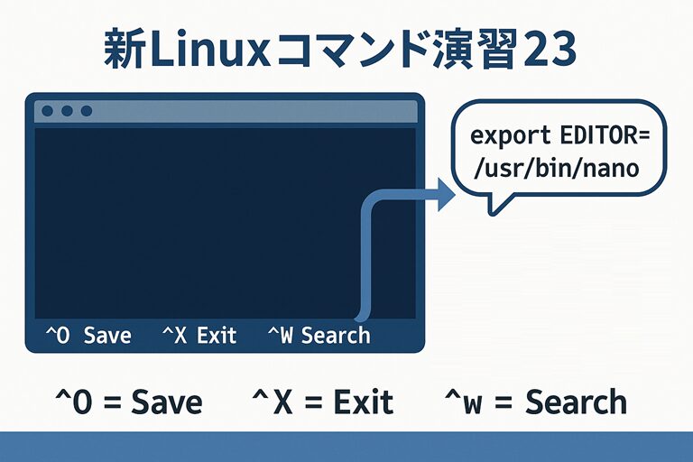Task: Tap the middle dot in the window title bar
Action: click(x=67, y=111)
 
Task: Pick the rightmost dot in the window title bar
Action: click(x=87, y=111)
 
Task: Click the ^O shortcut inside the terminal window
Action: click(x=58, y=336)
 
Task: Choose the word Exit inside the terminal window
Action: click(x=217, y=336)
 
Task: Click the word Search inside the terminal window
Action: click(x=336, y=336)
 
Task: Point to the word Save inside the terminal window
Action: click(x=107, y=336)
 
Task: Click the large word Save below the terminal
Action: click(x=167, y=402)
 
